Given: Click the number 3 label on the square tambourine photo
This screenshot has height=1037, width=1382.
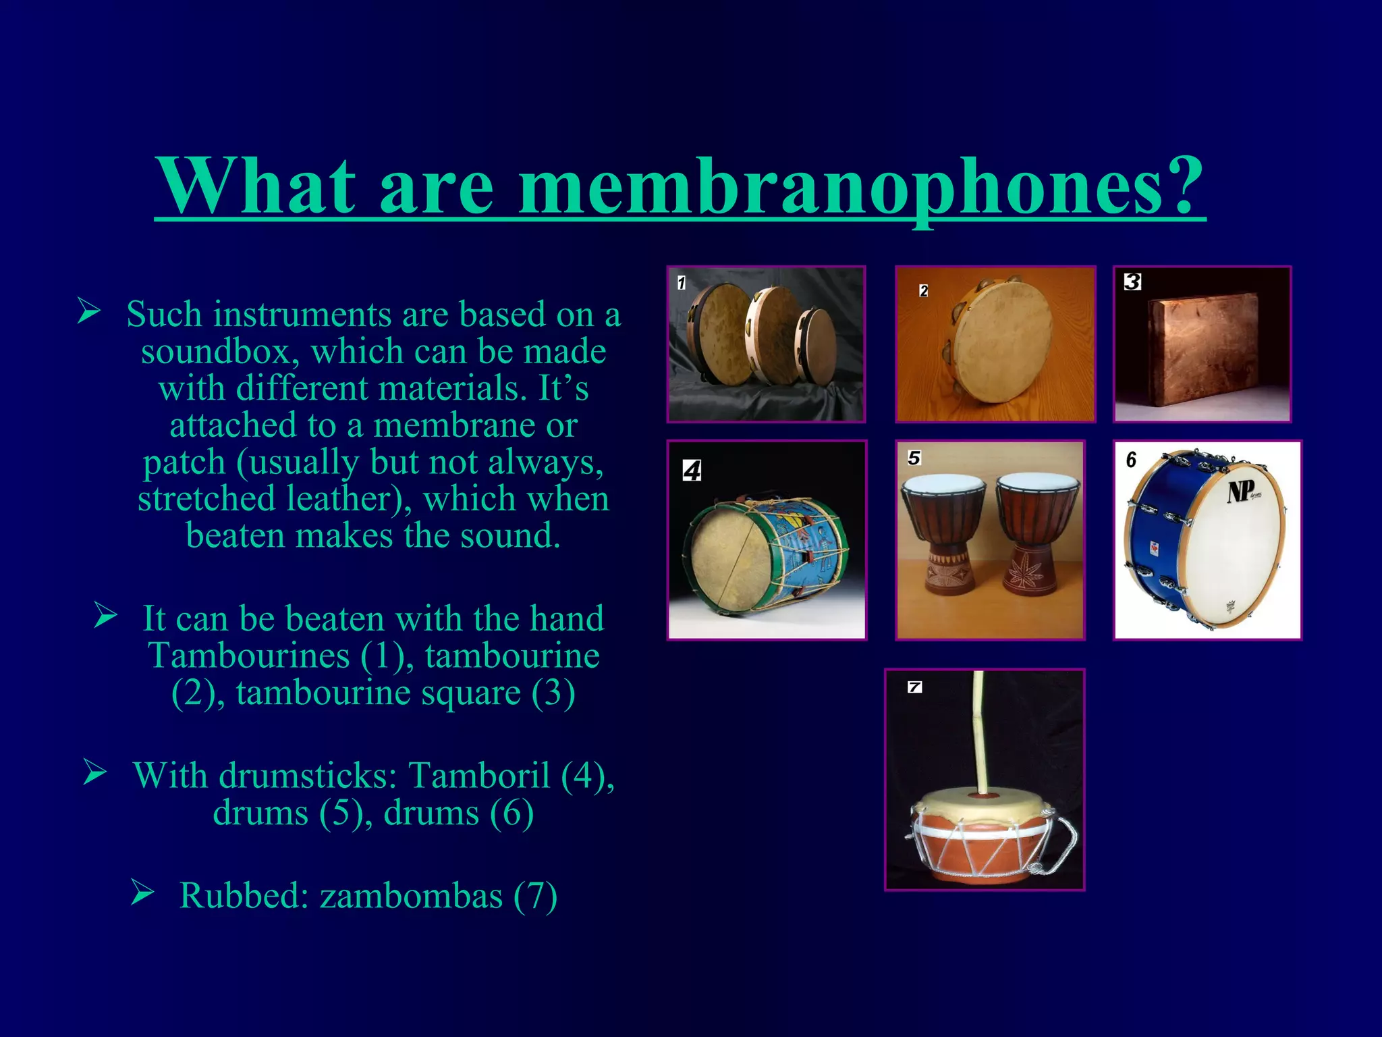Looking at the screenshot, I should [1132, 282].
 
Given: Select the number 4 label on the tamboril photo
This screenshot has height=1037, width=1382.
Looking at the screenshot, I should [692, 470].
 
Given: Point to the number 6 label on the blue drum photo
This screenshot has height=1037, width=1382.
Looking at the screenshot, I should [1131, 460].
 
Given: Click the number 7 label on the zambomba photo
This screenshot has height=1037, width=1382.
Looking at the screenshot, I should [914, 687].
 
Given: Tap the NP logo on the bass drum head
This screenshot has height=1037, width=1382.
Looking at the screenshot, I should [1241, 491].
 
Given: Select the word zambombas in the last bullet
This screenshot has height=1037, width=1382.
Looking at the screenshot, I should [411, 896].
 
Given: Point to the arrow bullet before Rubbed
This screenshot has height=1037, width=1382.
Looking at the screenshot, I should [142, 893].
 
